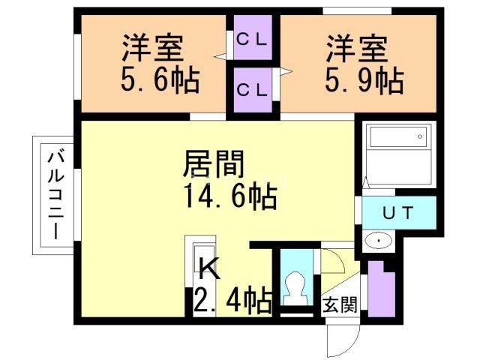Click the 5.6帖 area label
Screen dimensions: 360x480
point(160,80)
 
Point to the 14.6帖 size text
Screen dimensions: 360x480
point(229,198)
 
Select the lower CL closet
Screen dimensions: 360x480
point(253,89)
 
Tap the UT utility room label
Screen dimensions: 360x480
point(397,213)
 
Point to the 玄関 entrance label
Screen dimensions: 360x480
point(339,305)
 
